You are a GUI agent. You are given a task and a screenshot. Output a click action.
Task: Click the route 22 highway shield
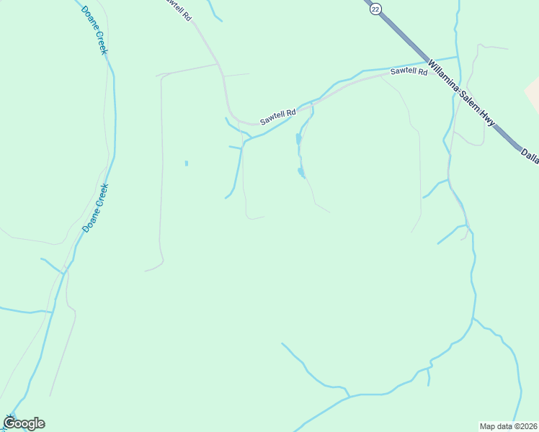(x=375, y=9)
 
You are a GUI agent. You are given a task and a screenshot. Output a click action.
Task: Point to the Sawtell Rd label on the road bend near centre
(x=278, y=117)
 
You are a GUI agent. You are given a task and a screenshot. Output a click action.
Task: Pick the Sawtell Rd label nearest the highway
(x=409, y=72)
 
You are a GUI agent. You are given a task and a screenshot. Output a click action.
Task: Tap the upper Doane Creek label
(x=94, y=30)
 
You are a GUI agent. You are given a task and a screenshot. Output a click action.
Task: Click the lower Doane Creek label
(x=95, y=207)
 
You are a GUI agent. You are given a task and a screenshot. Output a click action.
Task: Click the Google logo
(x=24, y=423)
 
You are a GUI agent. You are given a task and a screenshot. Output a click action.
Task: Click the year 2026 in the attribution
(x=526, y=426)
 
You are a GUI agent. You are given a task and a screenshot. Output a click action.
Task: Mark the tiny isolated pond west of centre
(x=187, y=163)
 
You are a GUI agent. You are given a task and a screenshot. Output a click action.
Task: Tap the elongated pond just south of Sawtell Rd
(x=298, y=138)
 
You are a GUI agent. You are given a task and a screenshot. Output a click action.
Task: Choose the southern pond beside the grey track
(x=301, y=172)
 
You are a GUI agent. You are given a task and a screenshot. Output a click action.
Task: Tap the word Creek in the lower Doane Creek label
(x=102, y=197)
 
